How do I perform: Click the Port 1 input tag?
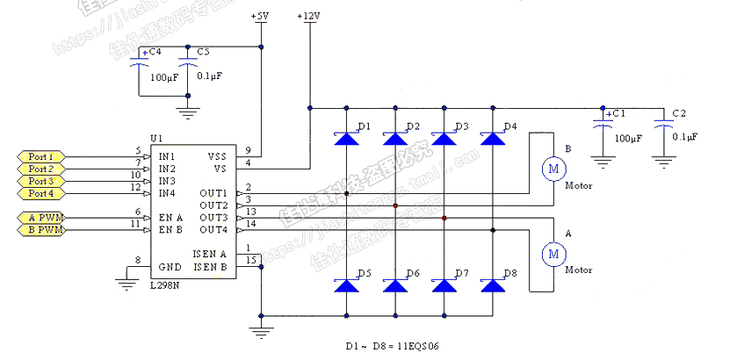click(40, 156)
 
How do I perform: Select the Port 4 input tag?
click(40, 193)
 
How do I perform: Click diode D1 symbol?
click(347, 138)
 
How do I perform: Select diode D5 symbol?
click(347, 285)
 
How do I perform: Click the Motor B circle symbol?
click(553, 168)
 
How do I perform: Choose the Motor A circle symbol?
click(553, 254)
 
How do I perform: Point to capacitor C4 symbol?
click(139, 65)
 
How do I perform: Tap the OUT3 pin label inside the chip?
click(213, 218)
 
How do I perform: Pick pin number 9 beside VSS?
click(249, 150)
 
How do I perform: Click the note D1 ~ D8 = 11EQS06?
click(391, 346)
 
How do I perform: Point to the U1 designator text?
click(156, 139)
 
